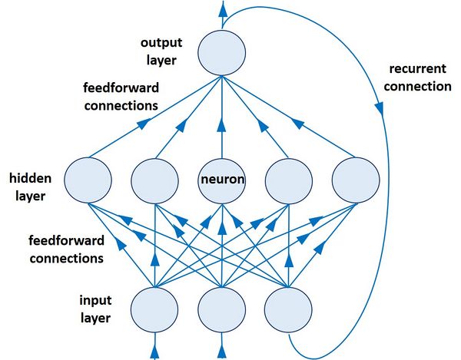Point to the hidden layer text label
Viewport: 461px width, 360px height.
[x=30, y=187]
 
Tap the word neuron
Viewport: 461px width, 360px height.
[x=223, y=181]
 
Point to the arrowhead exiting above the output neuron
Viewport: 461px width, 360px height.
[x=223, y=9]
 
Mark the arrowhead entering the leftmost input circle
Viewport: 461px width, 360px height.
[x=155, y=352]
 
